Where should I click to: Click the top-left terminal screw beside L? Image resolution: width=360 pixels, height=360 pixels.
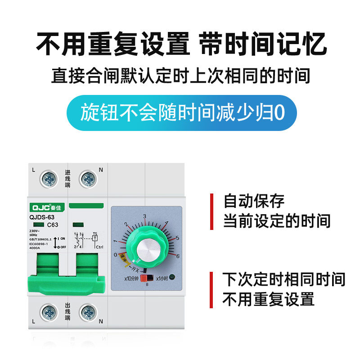pos(49,180)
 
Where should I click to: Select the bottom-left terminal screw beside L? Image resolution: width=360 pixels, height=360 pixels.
pos(49,312)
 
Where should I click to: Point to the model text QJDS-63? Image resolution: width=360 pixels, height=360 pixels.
pos(41,217)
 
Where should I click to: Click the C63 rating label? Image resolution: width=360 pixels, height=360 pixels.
pos(53,225)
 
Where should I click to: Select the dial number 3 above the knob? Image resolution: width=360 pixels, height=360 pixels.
pos(145,216)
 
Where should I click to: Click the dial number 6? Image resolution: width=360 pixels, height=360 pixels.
pos(177,256)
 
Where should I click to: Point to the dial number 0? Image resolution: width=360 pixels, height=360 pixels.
pos(115,255)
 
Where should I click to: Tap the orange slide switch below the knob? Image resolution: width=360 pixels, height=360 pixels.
pos(145,278)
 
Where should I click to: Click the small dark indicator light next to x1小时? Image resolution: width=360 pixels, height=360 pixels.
pos(172,278)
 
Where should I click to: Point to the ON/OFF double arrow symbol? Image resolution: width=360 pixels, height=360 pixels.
pos(55,242)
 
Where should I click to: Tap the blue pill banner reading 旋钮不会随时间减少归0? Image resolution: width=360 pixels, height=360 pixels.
pos(182,112)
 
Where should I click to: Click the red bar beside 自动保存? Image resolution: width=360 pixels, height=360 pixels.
pos(211,211)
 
